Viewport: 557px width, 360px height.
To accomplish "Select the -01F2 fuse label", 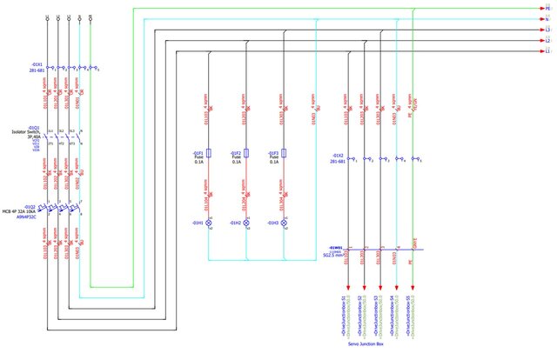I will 236,153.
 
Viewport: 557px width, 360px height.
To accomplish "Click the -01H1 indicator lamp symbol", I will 209,223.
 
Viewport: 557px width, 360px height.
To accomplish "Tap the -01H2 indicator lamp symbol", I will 246,223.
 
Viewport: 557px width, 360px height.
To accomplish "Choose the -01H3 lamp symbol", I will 284,223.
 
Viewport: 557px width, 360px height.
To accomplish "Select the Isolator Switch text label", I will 25,132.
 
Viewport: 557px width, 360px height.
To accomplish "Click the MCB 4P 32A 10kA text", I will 23,212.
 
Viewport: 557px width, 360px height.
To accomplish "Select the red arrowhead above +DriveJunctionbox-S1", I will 349,288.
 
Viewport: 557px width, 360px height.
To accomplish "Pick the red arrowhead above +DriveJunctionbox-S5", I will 413,288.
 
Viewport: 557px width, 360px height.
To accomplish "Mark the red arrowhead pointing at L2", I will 537,40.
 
